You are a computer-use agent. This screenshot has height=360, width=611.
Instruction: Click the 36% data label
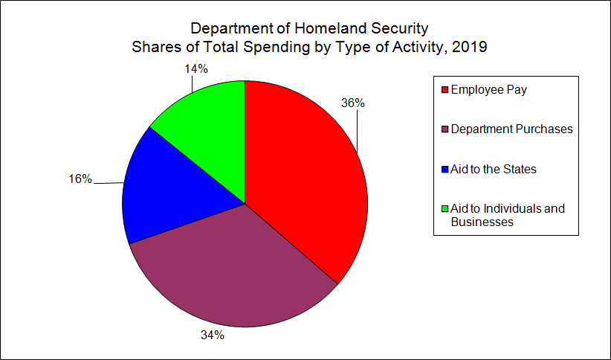pyautogui.click(x=352, y=103)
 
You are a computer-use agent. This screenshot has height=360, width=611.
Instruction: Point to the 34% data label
pyautogui.click(x=213, y=335)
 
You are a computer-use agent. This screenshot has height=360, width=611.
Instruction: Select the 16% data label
pyautogui.click(x=80, y=179)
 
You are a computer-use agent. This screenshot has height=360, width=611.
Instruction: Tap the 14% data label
pyautogui.click(x=195, y=68)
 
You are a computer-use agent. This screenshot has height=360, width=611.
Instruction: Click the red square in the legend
pyautogui.click(x=445, y=90)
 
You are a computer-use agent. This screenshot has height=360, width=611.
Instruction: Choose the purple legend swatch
pyautogui.click(x=445, y=130)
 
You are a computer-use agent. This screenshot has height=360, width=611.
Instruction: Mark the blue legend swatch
pyautogui.click(x=445, y=170)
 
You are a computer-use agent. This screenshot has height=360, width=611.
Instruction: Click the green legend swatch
pyautogui.click(x=445, y=209)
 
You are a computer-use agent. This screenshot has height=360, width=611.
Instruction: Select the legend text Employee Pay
pyautogui.click(x=488, y=89)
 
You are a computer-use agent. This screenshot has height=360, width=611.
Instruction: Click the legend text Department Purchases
pyautogui.click(x=512, y=129)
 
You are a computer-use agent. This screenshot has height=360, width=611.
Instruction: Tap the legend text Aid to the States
pyautogui.click(x=494, y=170)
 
